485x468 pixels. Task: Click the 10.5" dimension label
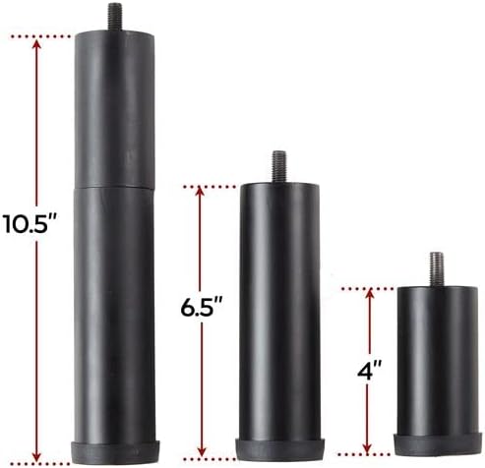pyautogui.click(x=31, y=223)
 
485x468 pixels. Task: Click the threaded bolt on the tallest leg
pyautogui.click(x=115, y=17)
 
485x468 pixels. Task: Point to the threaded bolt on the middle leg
pyautogui.click(x=278, y=167)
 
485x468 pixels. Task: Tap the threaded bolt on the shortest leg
pyautogui.click(x=437, y=269)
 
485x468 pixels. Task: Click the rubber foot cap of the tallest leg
pyautogui.click(x=116, y=452)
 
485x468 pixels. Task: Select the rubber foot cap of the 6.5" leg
pyautogui.click(x=280, y=449)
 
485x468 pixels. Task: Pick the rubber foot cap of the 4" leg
pyautogui.click(x=438, y=444)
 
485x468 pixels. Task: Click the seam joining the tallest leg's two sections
pyautogui.click(x=114, y=188)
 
